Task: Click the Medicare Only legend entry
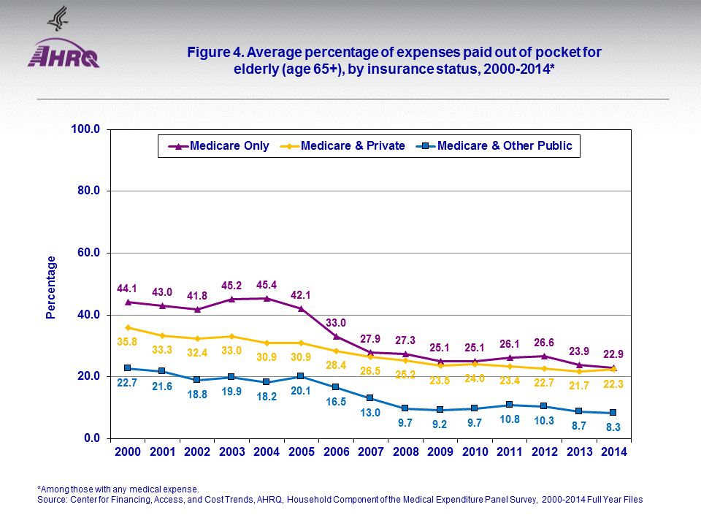[x=218, y=146]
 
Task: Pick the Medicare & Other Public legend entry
[x=496, y=146]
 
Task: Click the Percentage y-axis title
[x=51, y=287]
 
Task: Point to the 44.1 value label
[x=128, y=289]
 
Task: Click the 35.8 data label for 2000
[x=128, y=340]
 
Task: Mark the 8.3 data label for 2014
[x=613, y=427]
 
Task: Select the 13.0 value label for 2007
[x=370, y=413]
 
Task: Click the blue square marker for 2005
[x=301, y=376]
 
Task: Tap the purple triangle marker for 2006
[x=335, y=336]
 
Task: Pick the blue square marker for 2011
[x=509, y=405]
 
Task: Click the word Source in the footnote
[x=52, y=500]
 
